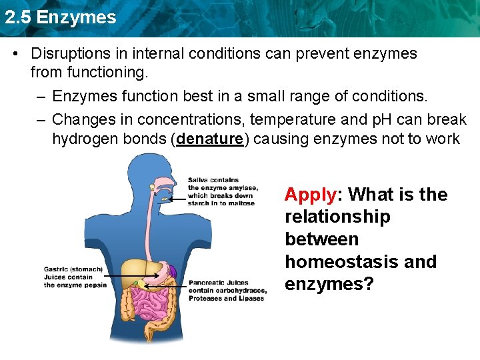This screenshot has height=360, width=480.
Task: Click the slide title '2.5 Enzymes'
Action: pyautogui.click(x=60, y=17)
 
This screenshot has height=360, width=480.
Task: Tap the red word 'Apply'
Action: pyautogui.click(x=310, y=195)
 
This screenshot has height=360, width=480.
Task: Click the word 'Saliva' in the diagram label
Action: pyautogui.click(x=199, y=180)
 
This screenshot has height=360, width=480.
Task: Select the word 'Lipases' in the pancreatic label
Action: pyautogui.click(x=248, y=298)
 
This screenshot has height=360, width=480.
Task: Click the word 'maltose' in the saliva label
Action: pyautogui.click(x=242, y=203)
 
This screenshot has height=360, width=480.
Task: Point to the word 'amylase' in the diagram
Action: pyautogui.click(x=235, y=188)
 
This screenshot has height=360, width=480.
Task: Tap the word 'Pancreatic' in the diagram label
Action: pyautogui.click(x=207, y=282)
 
